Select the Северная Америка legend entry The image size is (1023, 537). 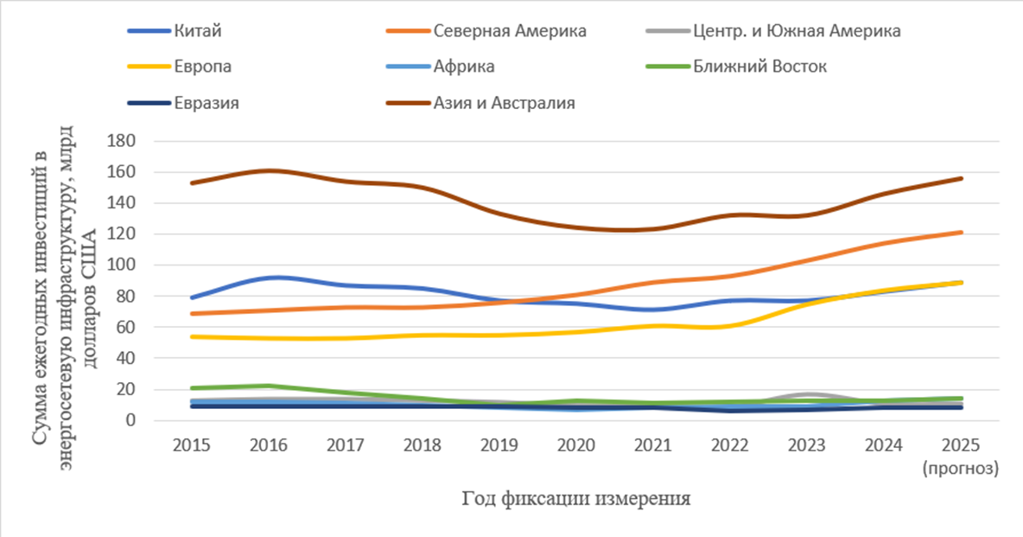(510, 31)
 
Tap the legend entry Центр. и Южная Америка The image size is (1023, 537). (796, 31)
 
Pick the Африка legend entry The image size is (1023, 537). (464, 67)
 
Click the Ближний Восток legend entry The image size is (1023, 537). (759, 67)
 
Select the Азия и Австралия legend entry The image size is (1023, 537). (505, 103)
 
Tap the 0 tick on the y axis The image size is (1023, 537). (130, 420)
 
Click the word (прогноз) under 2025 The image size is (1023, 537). (960, 469)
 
